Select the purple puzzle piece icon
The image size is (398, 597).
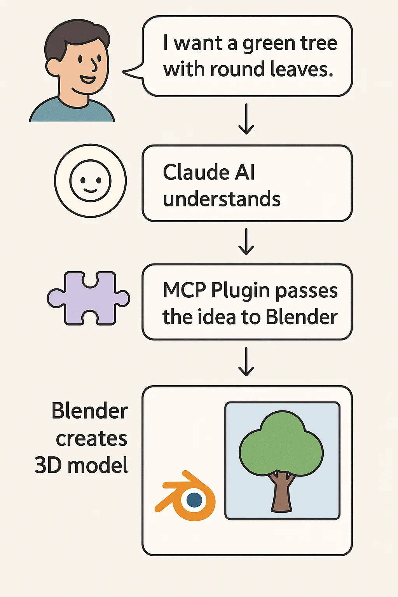[89, 298]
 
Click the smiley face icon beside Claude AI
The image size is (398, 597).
[90, 181]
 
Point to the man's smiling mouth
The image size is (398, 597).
[88, 80]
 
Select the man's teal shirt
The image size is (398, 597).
[72, 113]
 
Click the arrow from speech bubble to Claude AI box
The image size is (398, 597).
[246, 119]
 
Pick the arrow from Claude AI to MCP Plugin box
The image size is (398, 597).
[246, 242]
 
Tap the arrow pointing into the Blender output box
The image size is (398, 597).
[246, 362]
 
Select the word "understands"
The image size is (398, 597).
[222, 199]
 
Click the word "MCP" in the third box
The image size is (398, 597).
[185, 290]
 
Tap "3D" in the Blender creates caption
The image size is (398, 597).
[48, 465]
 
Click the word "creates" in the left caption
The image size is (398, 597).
[91, 439]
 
